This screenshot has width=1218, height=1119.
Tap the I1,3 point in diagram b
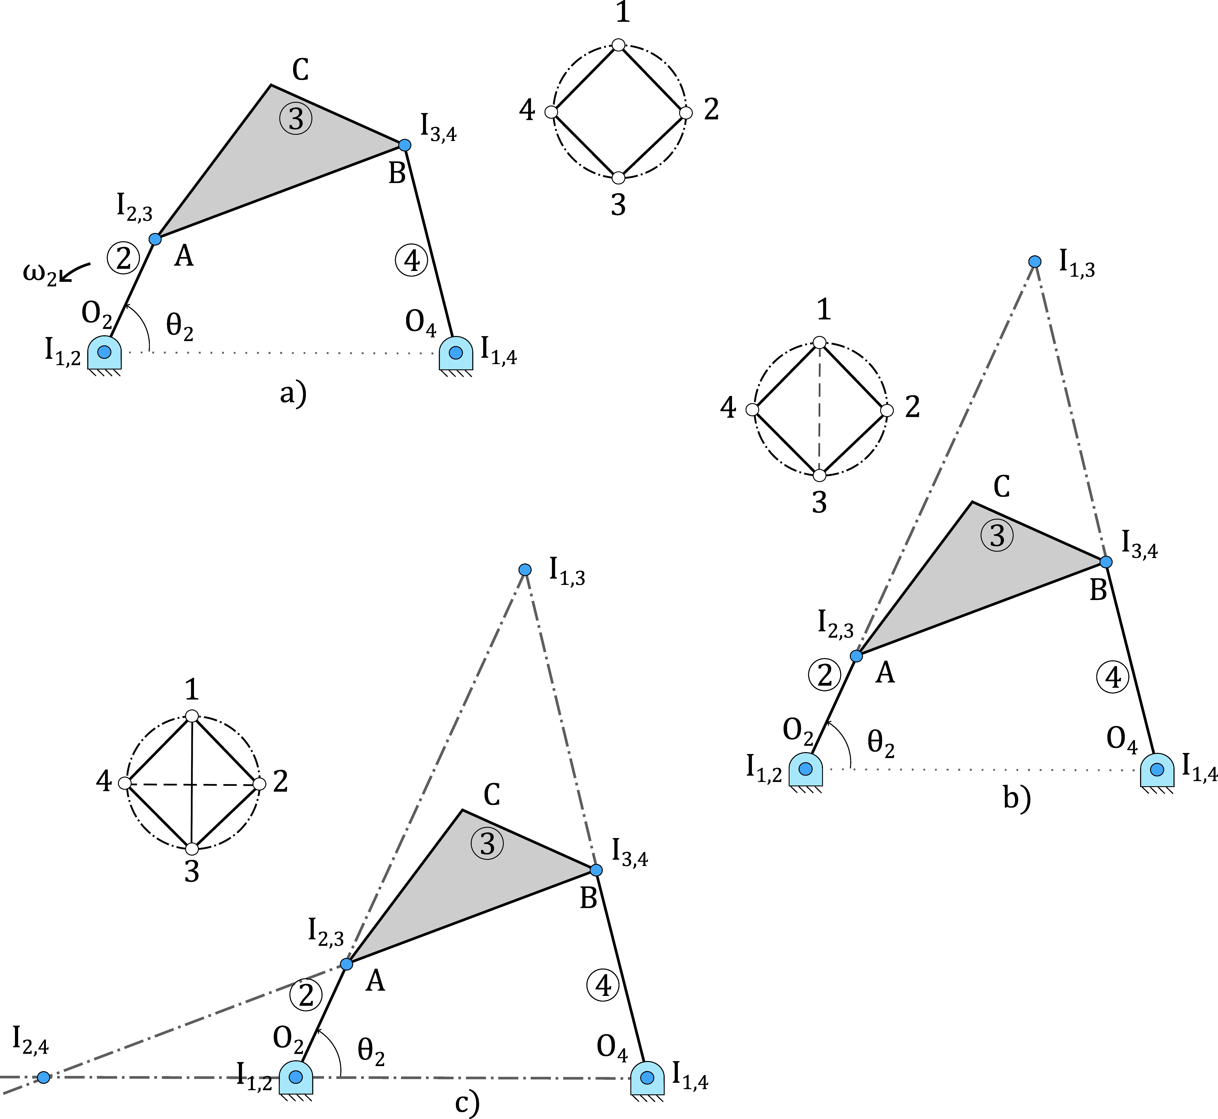point(1035,262)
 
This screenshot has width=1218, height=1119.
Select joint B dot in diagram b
point(1106,562)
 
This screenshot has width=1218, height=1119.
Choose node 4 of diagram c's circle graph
point(125,783)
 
